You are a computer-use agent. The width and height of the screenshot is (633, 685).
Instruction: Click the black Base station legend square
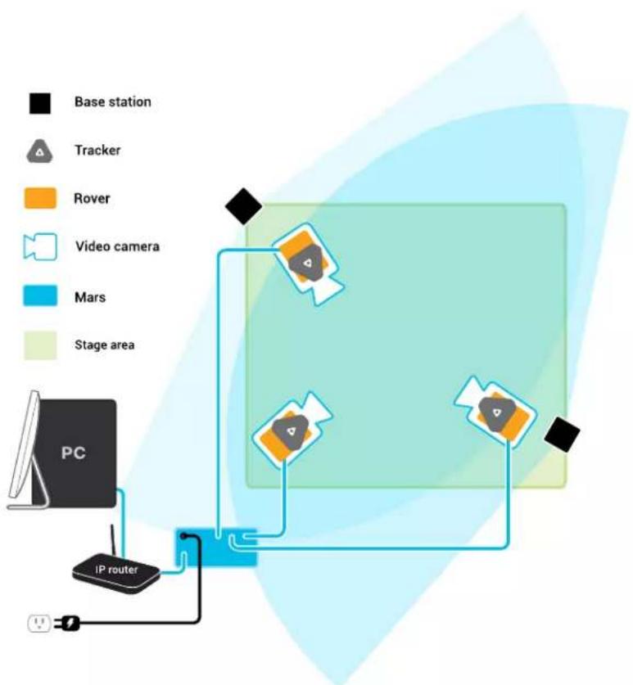click(40, 104)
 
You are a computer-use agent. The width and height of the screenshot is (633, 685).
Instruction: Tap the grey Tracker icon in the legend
click(40, 151)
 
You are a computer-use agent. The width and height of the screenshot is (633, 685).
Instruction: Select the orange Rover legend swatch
click(40, 198)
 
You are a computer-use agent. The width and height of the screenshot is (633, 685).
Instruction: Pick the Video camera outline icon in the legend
click(40, 247)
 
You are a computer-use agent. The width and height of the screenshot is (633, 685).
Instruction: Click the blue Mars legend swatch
click(40, 295)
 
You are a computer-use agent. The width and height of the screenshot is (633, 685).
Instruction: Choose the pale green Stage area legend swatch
click(40, 345)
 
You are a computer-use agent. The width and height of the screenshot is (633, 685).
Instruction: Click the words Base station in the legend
click(113, 101)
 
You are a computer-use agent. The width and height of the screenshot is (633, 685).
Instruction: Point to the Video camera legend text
click(117, 246)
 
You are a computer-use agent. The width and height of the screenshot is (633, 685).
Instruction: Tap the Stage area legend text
click(105, 345)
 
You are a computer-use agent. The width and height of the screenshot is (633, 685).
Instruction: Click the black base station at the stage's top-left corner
click(243, 206)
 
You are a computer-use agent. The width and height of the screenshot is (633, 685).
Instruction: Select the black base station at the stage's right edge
click(563, 435)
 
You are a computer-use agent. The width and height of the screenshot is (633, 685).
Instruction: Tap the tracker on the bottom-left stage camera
click(291, 432)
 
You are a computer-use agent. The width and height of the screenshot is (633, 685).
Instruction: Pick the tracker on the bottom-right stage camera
click(496, 412)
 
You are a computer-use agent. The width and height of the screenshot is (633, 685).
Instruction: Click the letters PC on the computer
click(74, 453)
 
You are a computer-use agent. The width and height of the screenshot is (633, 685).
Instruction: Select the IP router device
click(115, 572)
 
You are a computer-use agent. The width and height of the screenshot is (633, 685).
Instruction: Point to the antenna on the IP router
click(113, 542)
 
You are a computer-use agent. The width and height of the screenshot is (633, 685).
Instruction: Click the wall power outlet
click(39, 624)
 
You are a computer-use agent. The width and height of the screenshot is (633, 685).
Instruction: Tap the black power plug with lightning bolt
click(68, 624)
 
